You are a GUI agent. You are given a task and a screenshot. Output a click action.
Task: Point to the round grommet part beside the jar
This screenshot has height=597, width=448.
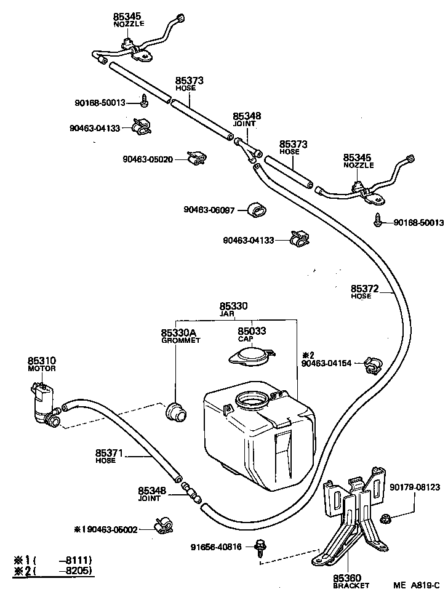177,411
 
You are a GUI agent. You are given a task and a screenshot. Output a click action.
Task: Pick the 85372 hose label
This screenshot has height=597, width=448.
364,288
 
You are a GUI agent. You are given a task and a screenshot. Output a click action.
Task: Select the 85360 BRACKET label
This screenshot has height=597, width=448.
346,579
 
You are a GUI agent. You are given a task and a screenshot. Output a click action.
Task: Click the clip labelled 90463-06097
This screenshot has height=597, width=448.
257,210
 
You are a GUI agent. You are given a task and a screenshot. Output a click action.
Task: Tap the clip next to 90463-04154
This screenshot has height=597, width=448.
372,364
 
